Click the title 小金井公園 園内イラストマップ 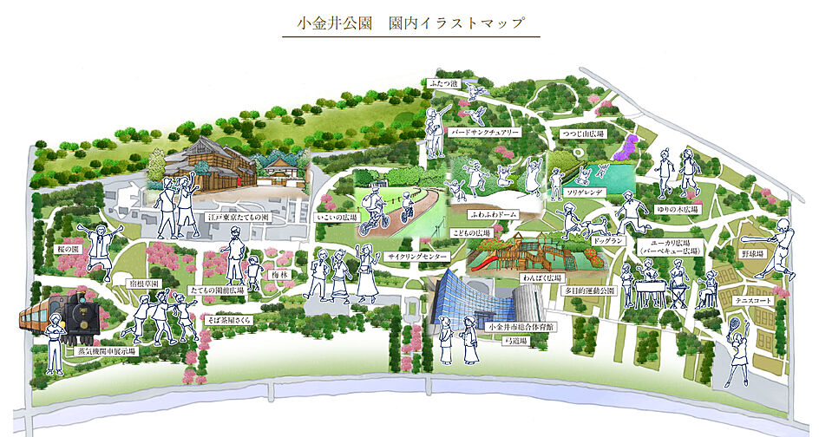(410, 23)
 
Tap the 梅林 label (278, 274)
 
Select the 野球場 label (754, 254)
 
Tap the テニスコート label (753, 300)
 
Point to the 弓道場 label (518, 342)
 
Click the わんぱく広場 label (537, 277)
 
